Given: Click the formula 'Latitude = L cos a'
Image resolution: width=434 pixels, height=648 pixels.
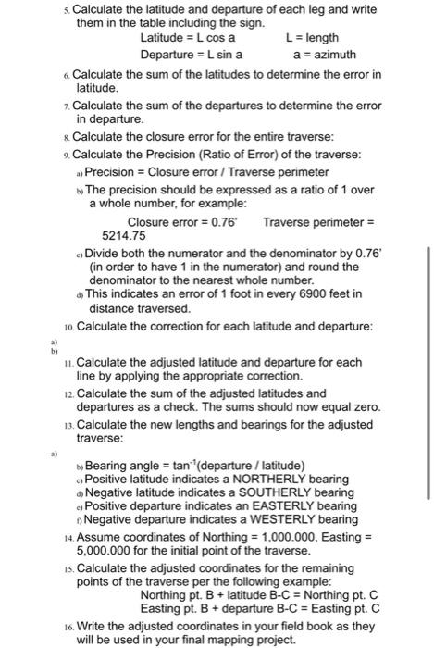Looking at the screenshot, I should coord(187,38).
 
